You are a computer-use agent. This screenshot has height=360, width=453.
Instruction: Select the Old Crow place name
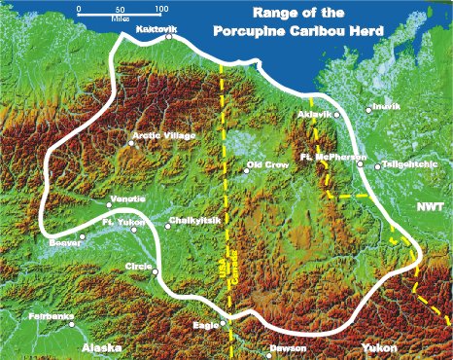click(x=268, y=165)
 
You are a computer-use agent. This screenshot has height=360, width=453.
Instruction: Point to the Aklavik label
click(x=313, y=115)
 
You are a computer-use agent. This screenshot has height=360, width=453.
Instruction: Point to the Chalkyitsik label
click(x=189, y=222)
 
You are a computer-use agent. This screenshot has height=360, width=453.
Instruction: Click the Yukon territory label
click(x=379, y=346)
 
